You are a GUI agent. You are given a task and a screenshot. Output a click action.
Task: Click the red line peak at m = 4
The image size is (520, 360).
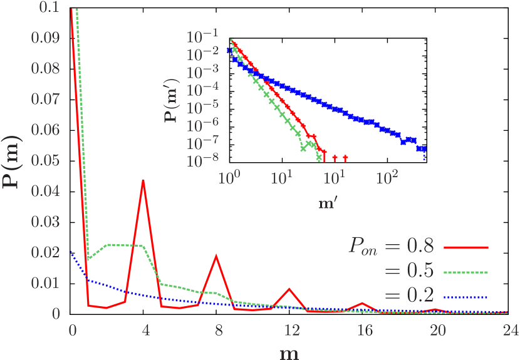coord(143,180)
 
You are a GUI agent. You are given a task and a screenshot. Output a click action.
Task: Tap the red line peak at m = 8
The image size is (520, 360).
coord(216,255)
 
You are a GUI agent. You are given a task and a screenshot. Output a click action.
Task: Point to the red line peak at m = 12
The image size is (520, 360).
coord(289,289)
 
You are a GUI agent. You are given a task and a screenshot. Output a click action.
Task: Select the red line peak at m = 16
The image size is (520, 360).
coord(361,303)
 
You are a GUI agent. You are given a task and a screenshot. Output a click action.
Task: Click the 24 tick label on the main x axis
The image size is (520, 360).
coord(507,330)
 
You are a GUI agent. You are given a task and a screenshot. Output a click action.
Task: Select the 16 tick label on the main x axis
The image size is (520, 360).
coord(361,330)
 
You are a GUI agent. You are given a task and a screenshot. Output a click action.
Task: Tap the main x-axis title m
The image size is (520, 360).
coord(289,352)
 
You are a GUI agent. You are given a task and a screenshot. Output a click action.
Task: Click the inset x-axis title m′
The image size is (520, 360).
coord(327,204)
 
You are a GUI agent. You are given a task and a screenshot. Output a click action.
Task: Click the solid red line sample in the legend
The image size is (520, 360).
coord(465,248)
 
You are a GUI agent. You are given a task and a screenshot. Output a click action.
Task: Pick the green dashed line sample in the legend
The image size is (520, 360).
coord(465,272)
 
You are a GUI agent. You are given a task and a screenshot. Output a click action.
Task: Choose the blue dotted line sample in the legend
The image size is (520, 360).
coord(465,297)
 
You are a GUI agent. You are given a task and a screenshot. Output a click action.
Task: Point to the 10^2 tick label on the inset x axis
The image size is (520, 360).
coord(387,178)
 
